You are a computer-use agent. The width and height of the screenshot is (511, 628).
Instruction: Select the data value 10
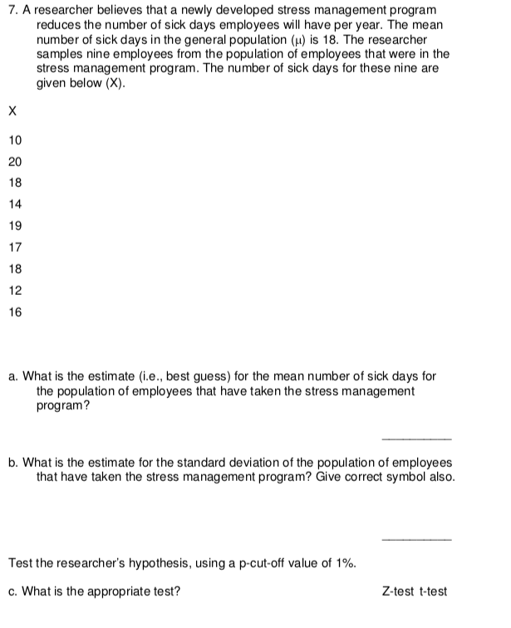(x=16, y=138)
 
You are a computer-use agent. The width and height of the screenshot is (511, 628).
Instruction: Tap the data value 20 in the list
(x=16, y=159)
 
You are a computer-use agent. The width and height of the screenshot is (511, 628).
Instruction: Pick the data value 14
(x=16, y=204)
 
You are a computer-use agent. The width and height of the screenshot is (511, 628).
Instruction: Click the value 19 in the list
(x=16, y=225)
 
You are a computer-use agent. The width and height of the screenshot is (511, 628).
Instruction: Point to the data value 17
(x=16, y=247)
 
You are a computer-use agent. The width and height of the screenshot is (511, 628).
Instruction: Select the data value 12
(x=16, y=291)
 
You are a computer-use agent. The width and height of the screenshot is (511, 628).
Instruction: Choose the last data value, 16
(x=16, y=312)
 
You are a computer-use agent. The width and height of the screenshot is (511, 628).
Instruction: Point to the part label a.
(x=13, y=377)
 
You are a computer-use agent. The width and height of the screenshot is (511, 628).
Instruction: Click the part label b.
(x=13, y=463)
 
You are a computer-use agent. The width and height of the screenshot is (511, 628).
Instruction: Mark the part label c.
(x=13, y=591)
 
